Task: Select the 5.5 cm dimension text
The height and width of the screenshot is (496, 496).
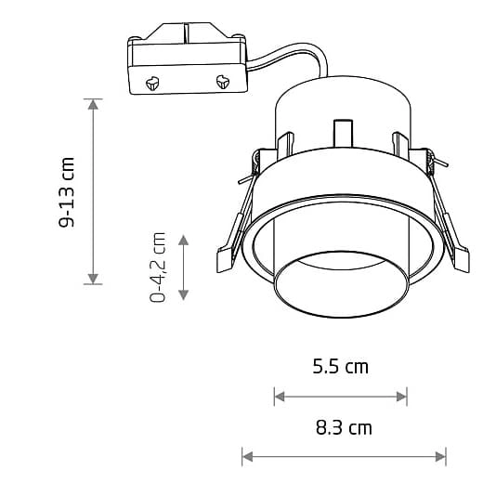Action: point(340,366)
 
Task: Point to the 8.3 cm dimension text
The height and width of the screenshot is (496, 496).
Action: point(344,428)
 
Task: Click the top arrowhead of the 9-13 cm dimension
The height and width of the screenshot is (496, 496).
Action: point(93,103)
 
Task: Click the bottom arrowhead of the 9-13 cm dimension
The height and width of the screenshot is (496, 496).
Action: point(93,278)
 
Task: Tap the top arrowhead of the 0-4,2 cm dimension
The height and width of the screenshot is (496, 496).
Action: point(184,240)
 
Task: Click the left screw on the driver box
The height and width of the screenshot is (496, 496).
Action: point(151,83)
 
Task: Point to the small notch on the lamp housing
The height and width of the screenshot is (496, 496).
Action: point(342,131)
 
